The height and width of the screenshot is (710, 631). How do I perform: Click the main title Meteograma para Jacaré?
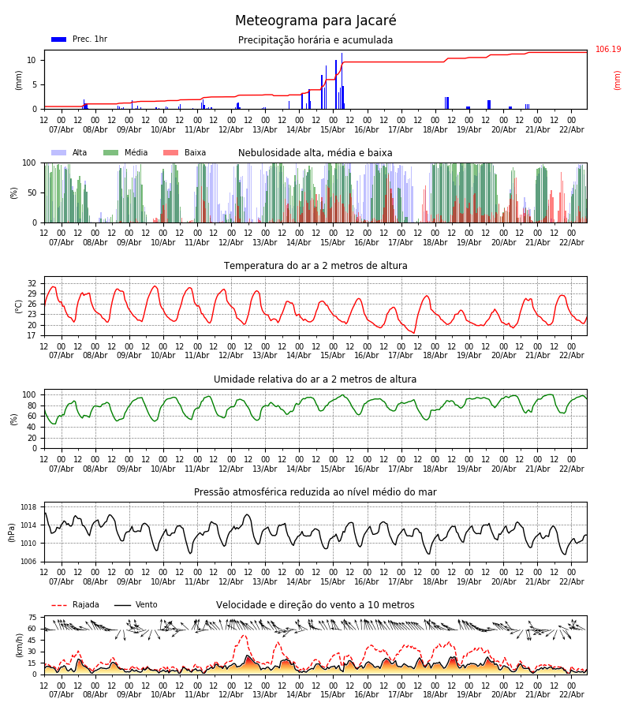(x=315, y=21)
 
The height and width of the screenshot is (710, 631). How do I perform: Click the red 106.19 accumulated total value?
(x=608, y=50)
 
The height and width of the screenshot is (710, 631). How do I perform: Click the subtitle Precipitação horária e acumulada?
(x=315, y=40)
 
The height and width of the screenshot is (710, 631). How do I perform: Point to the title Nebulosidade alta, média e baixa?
(x=315, y=153)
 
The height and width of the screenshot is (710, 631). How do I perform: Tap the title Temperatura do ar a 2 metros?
(x=315, y=266)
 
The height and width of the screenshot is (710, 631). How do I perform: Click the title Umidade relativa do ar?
(x=315, y=379)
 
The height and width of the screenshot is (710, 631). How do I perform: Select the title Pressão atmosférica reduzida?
(x=315, y=492)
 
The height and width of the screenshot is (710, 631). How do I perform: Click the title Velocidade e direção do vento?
(x=315, y=605)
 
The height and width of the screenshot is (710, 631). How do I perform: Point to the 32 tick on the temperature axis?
(x=32, y=283)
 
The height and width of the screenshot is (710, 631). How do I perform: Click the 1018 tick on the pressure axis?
(x=28, y=507)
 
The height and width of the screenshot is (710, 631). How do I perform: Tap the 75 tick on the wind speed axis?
(x=32, y=618)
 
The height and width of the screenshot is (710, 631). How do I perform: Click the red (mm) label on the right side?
(x=618, y=80)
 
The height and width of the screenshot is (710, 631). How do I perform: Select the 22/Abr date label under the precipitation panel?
(x=571, y=129)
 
